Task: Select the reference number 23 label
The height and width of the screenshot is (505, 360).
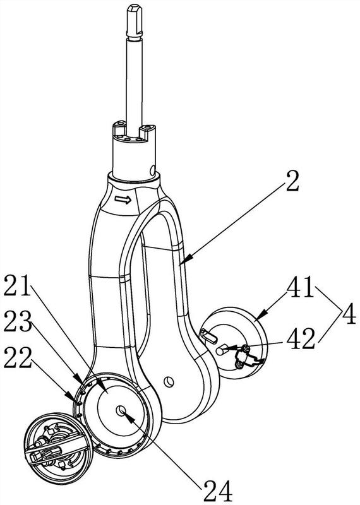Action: click(x=18, y=322)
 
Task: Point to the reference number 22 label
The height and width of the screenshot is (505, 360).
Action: click(x=18, y=357)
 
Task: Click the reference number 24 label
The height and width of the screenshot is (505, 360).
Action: click(x=217, y=491)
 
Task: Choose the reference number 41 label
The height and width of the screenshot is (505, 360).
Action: click(x=301, y=287)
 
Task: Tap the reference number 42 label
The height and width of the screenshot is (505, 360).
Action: click(x=301, y=339)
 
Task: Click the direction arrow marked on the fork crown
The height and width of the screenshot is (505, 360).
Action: click(x=123, y=200)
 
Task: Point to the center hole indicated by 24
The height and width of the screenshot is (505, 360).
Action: click(x=121, y=411)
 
